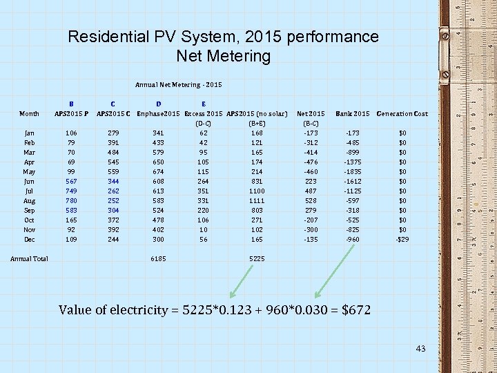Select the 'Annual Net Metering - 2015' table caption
[x=179, y=85]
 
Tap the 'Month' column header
[x=29, y=114]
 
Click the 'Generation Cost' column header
[x=402, y=113]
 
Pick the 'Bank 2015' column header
[x=352, y=113]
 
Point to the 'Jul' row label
[x=29, y=191]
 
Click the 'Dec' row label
[x=29, y=239]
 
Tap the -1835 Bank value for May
[x=353, y=171]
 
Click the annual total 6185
[x=159, y=259]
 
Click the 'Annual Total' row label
[x=29, y=259]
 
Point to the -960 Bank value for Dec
[x=353, y=239]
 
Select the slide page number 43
[x=421, y=349]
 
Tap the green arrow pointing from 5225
[x=242, y=282]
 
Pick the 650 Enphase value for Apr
[x=159, y=162]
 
